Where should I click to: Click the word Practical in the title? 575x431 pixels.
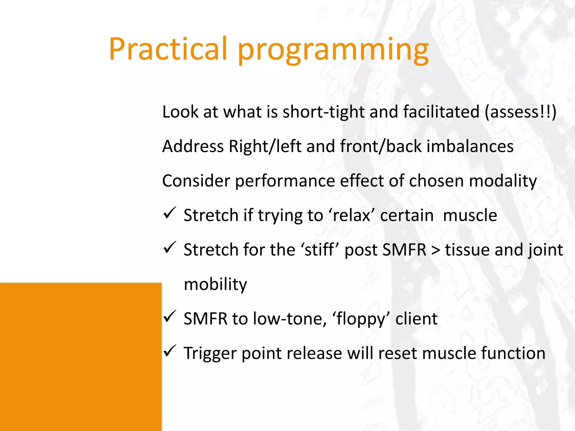point(168,49)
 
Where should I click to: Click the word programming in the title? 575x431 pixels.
point(333,51)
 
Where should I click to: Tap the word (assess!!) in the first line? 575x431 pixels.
point(520,112)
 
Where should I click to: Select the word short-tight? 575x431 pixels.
point(323,112)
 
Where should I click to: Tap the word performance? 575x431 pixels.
point(285,182)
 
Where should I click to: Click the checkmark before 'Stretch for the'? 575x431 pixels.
point(170,248)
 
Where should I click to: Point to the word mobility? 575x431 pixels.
point(215,285)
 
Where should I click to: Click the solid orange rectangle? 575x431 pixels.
point(81,356)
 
